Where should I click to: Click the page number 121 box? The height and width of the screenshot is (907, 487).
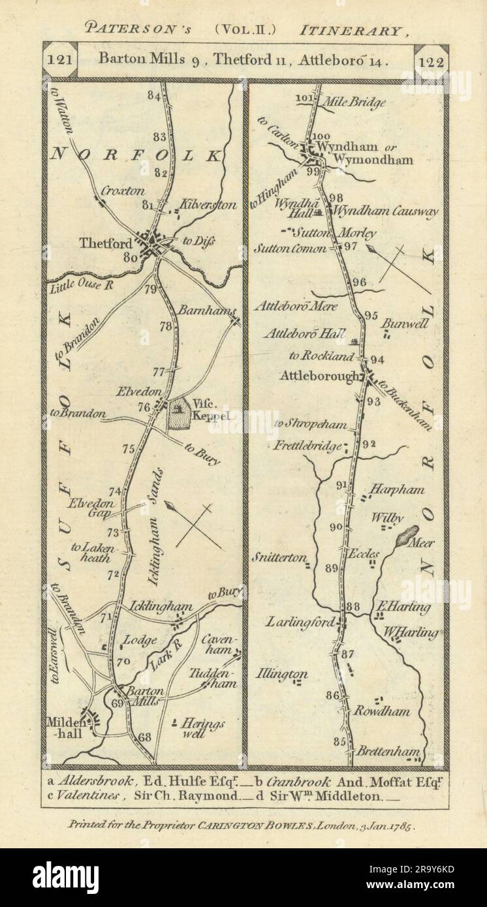click(x=61, y=63)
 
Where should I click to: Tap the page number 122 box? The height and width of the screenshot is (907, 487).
click(x=430, y=63)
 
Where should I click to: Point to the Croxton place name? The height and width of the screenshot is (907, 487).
click(x=122, y=192)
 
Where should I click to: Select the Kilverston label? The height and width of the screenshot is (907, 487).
click(x=209, y=205)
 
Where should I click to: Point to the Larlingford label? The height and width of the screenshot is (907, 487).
click(x=301, y=622)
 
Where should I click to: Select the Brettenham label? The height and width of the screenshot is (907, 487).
click(x=387, y=752)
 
